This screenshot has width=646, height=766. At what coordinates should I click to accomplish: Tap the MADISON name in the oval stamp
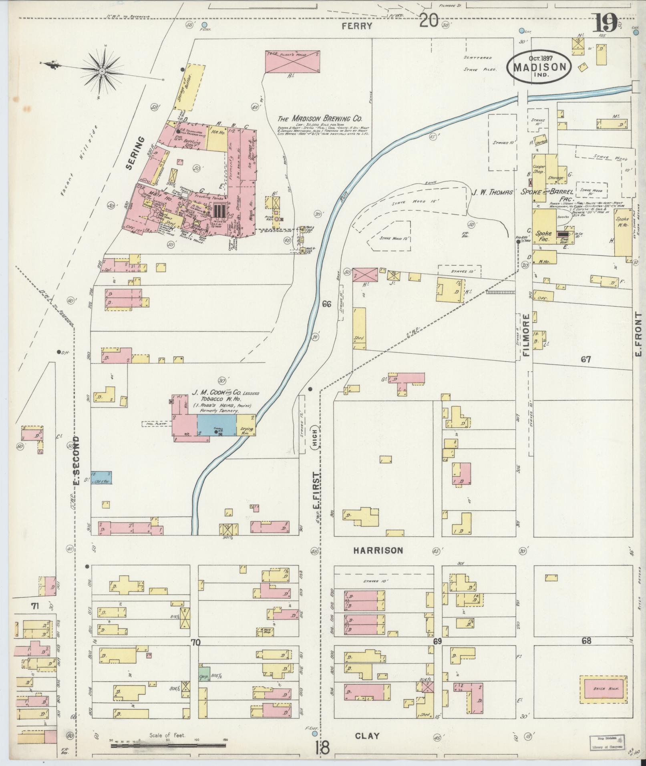pyautogui.click(x=539, y=67)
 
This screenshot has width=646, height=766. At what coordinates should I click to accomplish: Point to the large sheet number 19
pyautogui.click(x=606, y=23)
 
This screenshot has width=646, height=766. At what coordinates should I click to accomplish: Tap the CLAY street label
pyautogui.click(x=367, y=736)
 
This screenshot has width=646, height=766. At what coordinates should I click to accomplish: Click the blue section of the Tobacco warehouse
pyautogui.click(x=216, y=425)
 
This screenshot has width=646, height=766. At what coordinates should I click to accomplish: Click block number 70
pyautogui.click(x=195, y=642)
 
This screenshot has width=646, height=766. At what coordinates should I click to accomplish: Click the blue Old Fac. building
pyautogui.click(x=101, y=478)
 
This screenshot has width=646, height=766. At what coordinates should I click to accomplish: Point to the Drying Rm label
pyautogui.click(x=246, y=431)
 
